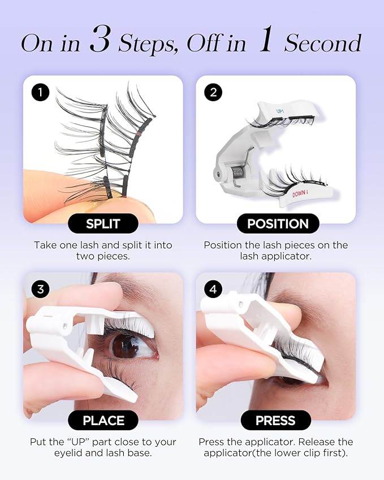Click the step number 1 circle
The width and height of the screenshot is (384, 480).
[40, 92]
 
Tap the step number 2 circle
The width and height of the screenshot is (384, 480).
[213, 92]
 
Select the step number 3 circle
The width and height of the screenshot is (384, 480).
[40, 289]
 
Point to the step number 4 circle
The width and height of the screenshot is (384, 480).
[213, 289]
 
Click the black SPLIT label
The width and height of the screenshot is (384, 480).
[103, 223]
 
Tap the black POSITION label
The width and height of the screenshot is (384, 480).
[278, 223]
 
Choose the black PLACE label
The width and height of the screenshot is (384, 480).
[103, 420]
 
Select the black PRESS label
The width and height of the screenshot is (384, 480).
[275, 420]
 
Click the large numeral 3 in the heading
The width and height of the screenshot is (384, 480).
[100, 38]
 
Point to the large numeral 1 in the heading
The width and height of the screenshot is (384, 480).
[265, 38]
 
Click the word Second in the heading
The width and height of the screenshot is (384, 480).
[323, 43]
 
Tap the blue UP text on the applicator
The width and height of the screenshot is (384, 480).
[280, 111]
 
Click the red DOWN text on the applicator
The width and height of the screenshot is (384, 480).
[300, 193]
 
